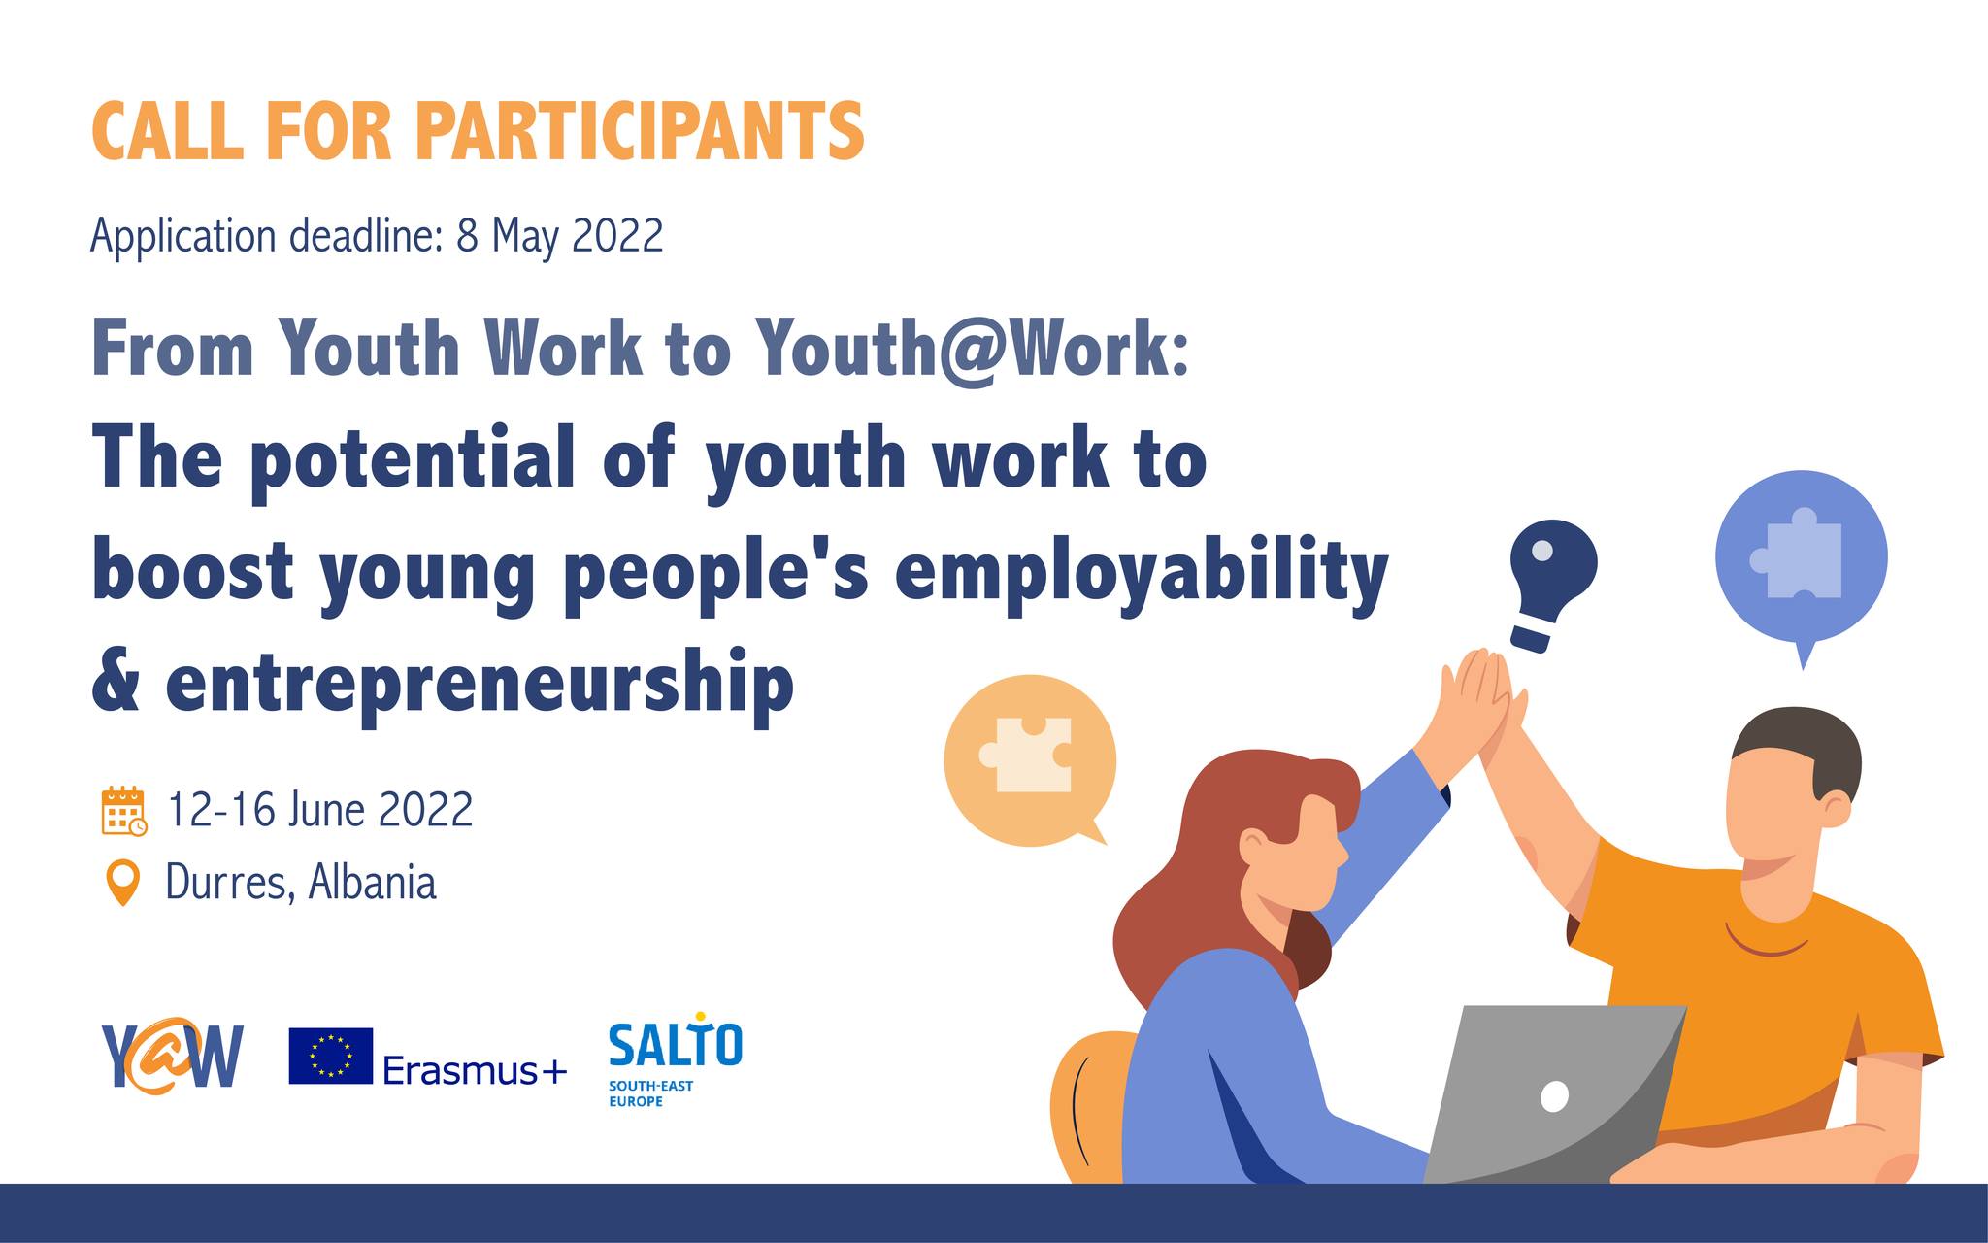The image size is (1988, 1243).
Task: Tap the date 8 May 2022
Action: [x=559, y=236]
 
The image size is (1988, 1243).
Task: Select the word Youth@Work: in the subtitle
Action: [x=973, y=349]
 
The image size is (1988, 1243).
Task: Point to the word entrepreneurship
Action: [x=480, y=684]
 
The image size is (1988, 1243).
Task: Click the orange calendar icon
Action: [x=123, y=811]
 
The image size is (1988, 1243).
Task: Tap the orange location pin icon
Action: [x=122, y=882]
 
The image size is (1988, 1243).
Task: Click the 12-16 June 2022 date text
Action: [x=320, y=810]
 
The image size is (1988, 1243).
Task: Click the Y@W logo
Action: [x=172, y=1057]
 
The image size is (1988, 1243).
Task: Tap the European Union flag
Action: [x=330, y=1056]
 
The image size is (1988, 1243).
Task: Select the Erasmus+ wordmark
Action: [x=475, y=1070]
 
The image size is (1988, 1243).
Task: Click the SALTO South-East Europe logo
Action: [x=675, y=1061]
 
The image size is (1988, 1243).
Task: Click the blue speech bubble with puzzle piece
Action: [x=1801, y=559]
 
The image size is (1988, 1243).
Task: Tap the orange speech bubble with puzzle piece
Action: [x=1029, y=761]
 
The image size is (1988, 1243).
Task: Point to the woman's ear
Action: [x=1253, y=845]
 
